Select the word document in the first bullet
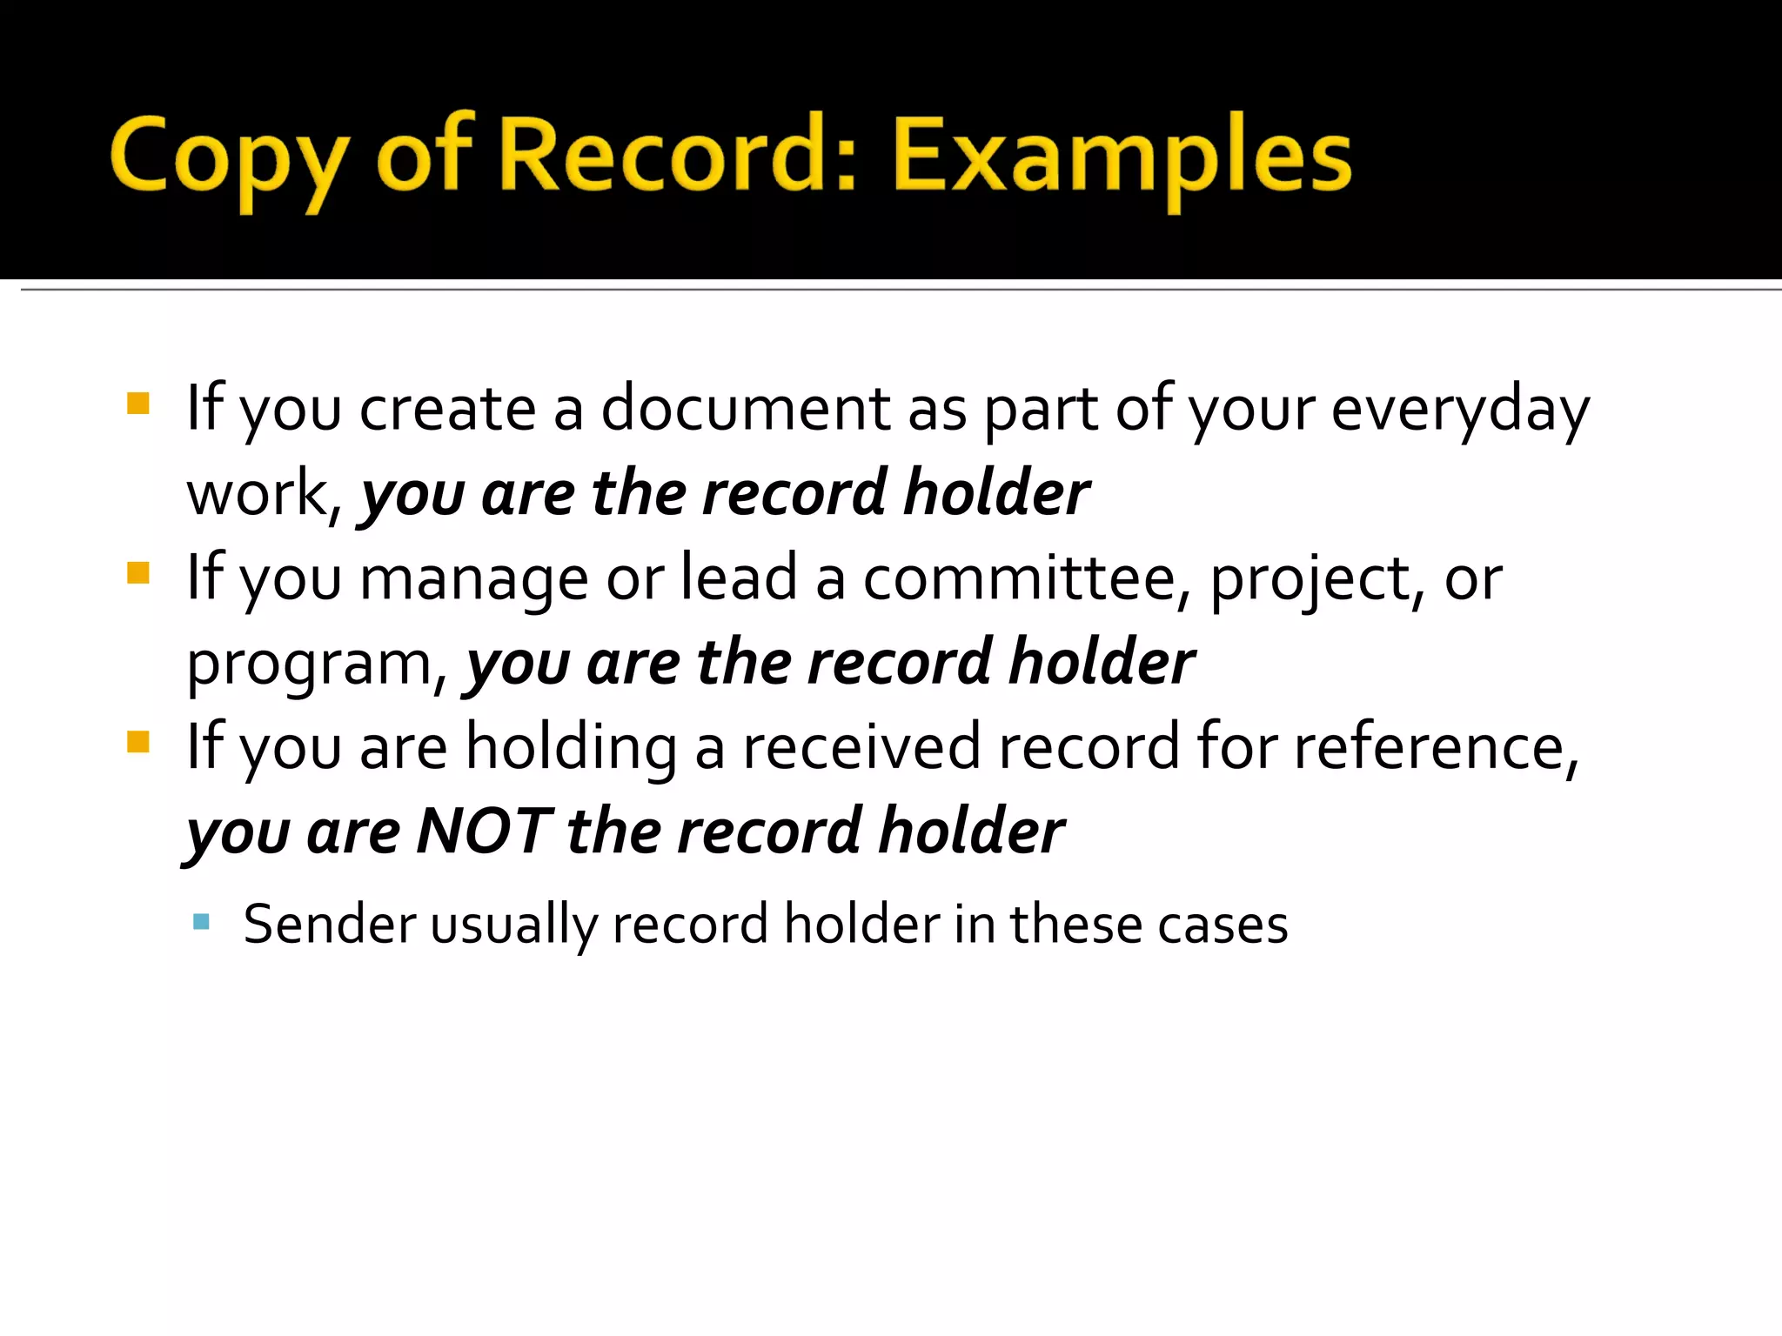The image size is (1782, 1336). pyautogui.click(x=746, y=408)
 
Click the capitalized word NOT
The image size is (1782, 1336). pyautogui.click(x=484, y=831)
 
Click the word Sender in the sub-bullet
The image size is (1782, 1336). pyautogui.click(x=330, y=924)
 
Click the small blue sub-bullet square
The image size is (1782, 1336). pyautogui.click(x=201, y=921)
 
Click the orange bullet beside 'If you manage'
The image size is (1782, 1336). pyautogui.click(x=138, y=573)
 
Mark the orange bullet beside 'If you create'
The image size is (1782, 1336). pyautogui.click(x=138, y=404)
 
